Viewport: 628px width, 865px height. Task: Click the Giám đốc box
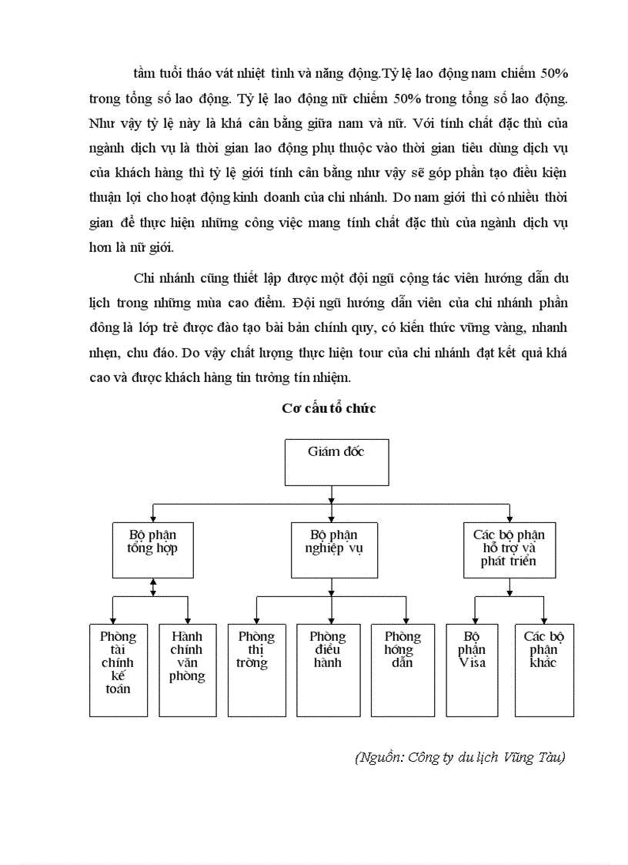(x=337, y=462)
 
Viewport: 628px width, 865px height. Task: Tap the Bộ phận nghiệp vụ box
(x=334, y=549)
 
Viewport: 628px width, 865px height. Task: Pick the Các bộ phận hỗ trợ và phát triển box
(x=508, y=549)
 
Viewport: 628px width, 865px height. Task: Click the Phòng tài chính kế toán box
(x=117, y=669)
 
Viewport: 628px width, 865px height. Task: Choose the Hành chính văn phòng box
(x=187, y=669)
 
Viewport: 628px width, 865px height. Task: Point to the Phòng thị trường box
(x=256, y=669)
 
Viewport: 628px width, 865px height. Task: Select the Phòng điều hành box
(x=328, y=669)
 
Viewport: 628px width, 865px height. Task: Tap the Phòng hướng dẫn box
(x=403, y=669)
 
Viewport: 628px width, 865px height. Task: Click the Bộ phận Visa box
(x=472, y=669)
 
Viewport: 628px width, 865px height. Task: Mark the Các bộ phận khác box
(x=544, y=669)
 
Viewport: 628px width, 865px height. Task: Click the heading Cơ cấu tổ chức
(x=329, y=409)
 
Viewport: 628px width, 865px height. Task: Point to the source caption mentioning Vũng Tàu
(x=460, y=758)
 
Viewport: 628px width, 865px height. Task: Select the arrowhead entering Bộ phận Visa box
(x=474, y=620)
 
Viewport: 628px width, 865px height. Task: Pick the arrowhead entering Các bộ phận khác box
(x=544, y=620)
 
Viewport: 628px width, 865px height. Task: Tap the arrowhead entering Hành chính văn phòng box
(x=189, y=620)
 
